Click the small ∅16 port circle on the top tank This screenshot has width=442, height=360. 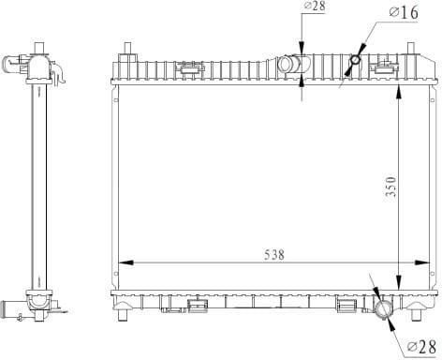(x=354, y=62)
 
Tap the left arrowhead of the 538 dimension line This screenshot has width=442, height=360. (x=123, y=263)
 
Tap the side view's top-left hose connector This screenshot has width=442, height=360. (x=13, y=65)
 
